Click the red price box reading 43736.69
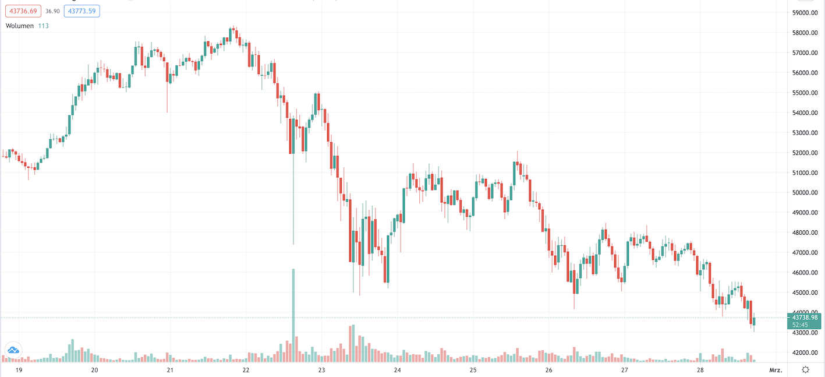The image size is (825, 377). (24, 11)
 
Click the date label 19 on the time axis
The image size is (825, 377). (19, 370)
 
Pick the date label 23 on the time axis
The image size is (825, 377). (321, 370)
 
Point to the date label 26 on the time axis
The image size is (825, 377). (548, 370)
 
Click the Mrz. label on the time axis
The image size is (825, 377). (775, 370)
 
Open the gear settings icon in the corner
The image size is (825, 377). (805, 369)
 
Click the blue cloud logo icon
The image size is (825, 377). (12, 350)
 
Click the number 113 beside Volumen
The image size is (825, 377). (44, 26)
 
